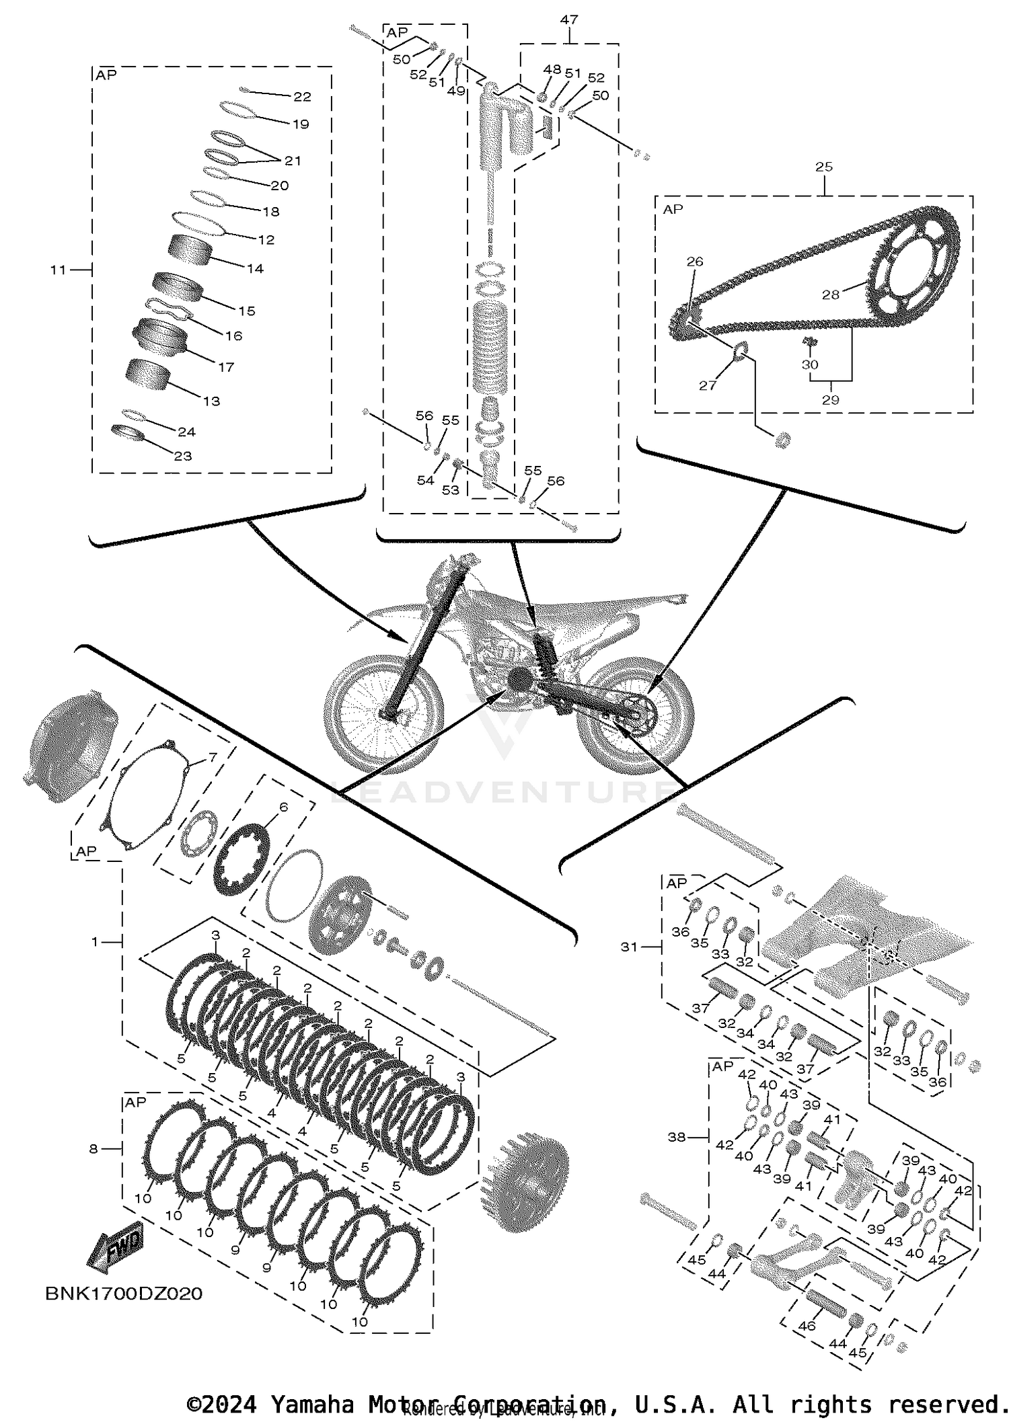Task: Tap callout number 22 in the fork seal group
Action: [x=302, y=97]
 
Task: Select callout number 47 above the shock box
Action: [x=568, y=20]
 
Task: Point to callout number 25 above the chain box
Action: [x=824, y=167]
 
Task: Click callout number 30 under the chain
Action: [x=810, y=364]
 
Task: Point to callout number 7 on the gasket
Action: [x=213, y=757]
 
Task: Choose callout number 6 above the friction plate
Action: [x=283, y=807]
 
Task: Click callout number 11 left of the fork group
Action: [x=58, y=270]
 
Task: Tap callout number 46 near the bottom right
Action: [x=807, y=1326]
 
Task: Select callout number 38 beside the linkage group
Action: [x=677, y=1137]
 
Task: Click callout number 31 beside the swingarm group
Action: [x=629, y=947]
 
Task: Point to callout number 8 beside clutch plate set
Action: [x=94, y=1149]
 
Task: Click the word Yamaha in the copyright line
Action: [x=312, y=1404]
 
